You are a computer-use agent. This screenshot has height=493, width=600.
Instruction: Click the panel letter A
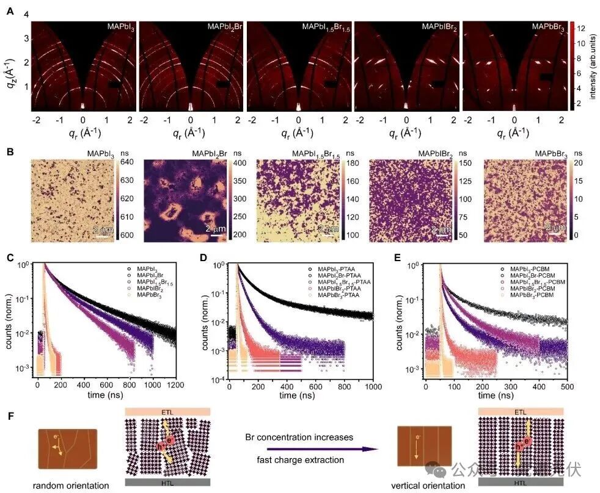point(10,10)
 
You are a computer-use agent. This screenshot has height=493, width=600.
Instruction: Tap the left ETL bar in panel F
point(168,412)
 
